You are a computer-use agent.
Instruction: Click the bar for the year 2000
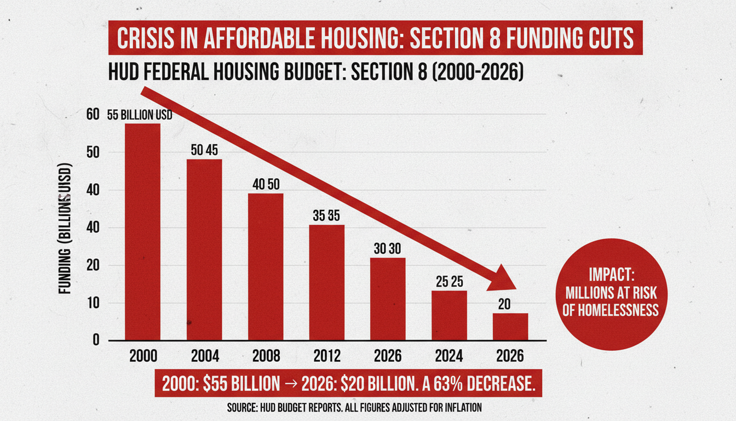click(x=142, y=232)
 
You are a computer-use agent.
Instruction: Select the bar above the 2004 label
click(x=204, y=249)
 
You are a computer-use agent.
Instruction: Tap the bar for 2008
click(x=266, y=266)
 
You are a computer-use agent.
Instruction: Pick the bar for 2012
click(x=327, y=282)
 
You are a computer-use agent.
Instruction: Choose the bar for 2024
click(x=450, y=315)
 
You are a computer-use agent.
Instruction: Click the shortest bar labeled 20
click(x=510, y=327)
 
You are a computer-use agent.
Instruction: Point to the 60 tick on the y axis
click(x=93, y=114)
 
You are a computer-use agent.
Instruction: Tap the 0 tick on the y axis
click(x=96, y=340)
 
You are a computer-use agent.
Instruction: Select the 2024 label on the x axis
click(x=450, y=356)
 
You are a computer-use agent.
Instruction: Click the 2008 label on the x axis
click(x=266, y=356)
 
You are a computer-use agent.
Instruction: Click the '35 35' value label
click(x=327, y=215)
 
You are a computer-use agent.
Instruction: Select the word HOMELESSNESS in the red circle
click(x=610, y=310)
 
